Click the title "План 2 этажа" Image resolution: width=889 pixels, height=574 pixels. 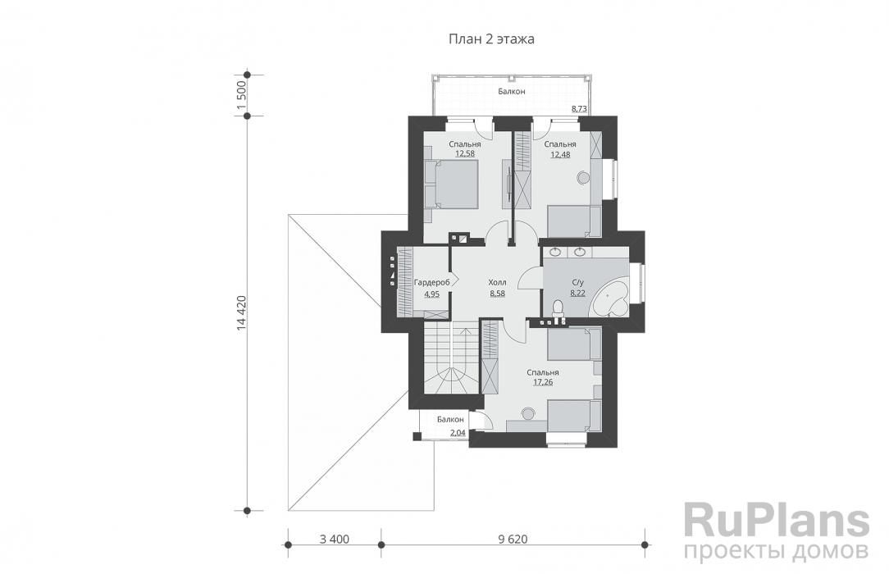[491, 39]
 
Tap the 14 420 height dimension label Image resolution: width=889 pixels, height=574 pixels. [242, 312]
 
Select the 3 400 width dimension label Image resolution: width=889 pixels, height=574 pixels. [335, 539]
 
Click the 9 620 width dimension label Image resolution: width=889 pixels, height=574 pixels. [513, 539]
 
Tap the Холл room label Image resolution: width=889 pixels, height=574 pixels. [497, 282]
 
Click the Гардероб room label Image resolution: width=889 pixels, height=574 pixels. [432, 282]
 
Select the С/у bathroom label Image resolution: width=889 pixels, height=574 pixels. [577, 282]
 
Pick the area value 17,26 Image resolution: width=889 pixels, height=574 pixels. [543, 382]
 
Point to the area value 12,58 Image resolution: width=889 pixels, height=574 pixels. [465, 153]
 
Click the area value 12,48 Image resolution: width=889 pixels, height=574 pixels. [560, 153]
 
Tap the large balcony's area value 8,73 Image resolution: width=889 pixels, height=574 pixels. [580, 108]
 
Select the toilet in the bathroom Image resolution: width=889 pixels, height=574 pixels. [558, 311]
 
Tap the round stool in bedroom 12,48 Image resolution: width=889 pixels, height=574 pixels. [583, 177]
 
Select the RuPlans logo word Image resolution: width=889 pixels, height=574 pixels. [777, 520]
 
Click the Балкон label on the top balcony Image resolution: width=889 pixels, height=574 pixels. [512, 91]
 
